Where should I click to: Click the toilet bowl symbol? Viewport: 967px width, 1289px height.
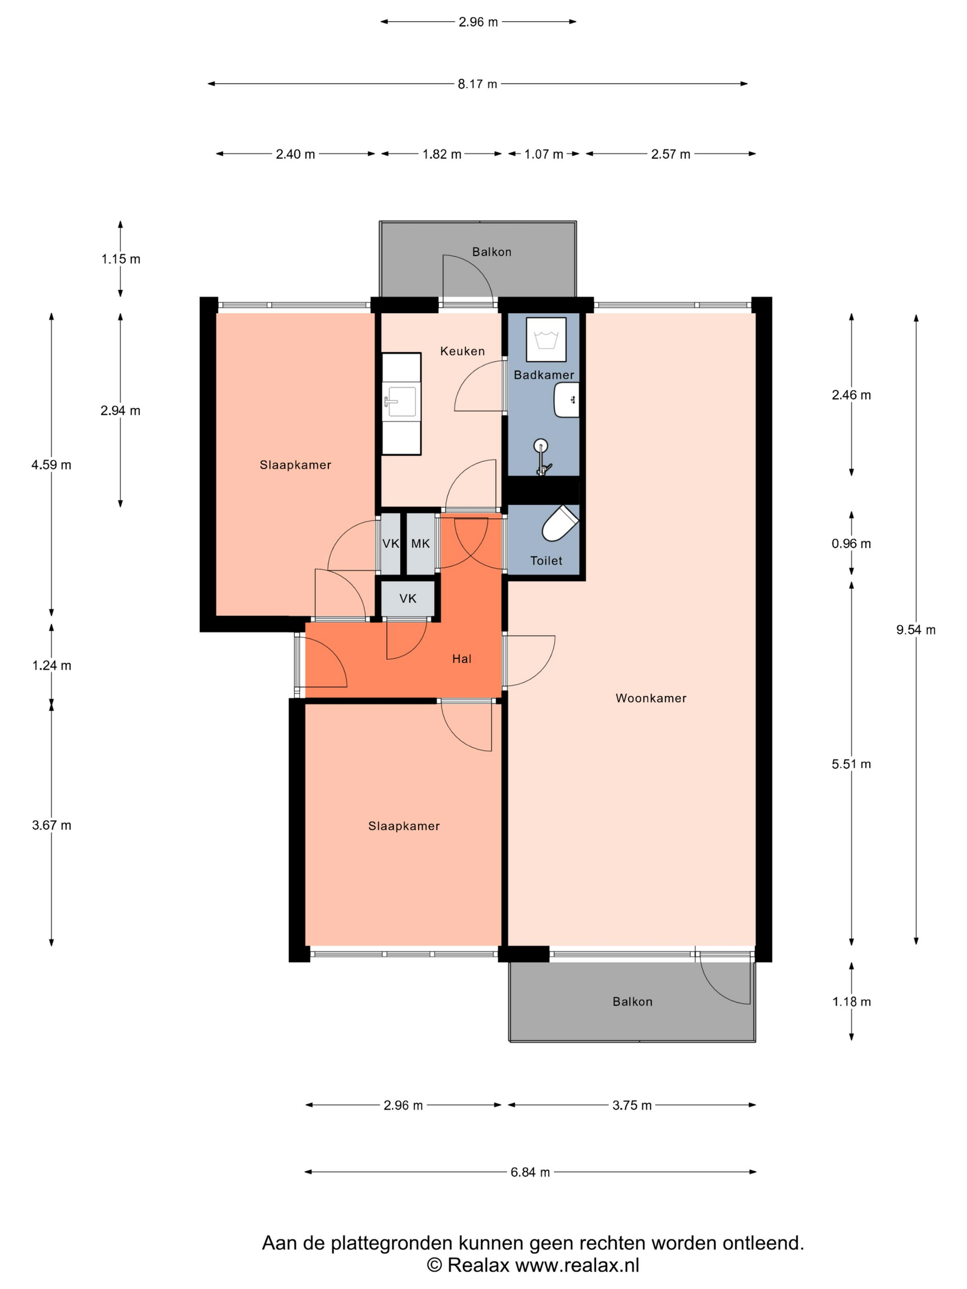tap(559, 523)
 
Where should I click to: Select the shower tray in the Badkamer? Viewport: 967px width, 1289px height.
tap(546, 340)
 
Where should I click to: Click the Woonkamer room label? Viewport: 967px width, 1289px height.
tap(651, 698)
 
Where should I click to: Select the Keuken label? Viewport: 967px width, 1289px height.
tap(462, 351)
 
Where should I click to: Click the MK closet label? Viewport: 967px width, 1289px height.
tap(420, 544)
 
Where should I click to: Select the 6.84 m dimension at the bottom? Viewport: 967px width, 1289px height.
tap(530, 1172)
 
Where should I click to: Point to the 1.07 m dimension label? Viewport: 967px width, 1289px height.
tap(544, 154)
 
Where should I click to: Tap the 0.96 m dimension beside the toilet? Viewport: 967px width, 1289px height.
tap(851, 544)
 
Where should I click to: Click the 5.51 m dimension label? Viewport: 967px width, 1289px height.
tap(851, 764)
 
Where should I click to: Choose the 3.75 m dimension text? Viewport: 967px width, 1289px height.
tap(632, 1105)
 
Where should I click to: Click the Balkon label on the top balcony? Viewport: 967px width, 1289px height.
tap(492, 252)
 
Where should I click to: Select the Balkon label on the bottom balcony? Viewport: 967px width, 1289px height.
tap(632, 1002)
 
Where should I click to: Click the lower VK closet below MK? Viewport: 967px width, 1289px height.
tap(408, 598)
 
